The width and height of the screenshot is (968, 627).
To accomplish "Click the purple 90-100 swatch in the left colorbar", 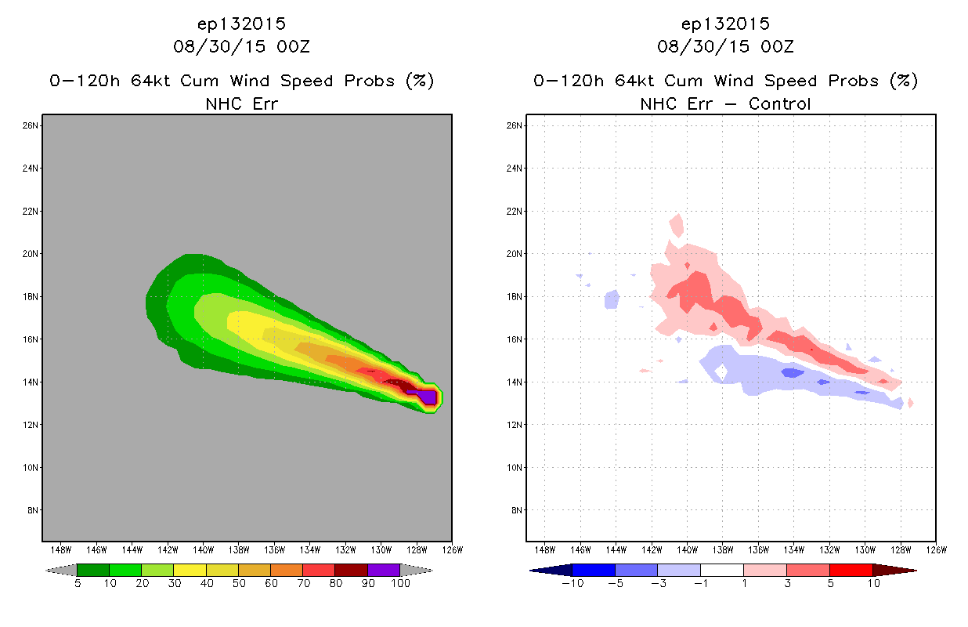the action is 384,570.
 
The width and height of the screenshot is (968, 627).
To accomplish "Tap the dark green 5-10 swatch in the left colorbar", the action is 93,570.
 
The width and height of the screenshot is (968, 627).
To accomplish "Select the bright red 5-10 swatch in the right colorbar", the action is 851,570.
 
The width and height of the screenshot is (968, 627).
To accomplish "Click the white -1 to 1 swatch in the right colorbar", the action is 722,570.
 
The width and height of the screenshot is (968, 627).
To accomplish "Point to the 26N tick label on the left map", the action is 30,125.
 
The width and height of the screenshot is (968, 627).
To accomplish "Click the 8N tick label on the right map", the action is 516,510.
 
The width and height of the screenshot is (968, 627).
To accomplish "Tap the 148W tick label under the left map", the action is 60,550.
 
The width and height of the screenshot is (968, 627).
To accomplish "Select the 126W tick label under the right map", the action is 937,550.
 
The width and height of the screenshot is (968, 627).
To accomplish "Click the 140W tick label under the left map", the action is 203,550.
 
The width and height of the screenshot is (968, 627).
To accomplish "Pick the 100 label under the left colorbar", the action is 400,583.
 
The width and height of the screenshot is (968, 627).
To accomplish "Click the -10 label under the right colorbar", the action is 572,583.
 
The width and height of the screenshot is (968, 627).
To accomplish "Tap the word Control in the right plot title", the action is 779,103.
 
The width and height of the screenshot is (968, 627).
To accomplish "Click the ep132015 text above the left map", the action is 241,24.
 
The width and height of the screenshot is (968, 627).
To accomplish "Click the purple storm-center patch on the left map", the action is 427,397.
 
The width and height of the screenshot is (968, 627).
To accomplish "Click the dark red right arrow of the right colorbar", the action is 894,571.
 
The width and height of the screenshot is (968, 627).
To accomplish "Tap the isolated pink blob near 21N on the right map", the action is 677,225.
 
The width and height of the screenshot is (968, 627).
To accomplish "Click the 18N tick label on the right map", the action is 515,296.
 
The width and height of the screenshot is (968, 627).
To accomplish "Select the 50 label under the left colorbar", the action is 239,583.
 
